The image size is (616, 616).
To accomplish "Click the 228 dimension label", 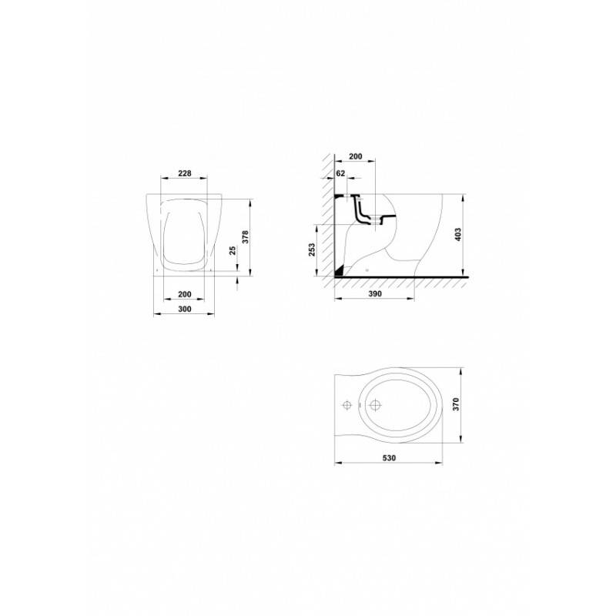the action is point(185,173).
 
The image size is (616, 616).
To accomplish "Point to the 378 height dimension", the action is point(246,237).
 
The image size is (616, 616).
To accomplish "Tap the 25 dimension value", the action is point(233,251).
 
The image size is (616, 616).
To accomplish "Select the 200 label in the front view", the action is point(185,294).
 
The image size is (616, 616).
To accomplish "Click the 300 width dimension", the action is point(185,309).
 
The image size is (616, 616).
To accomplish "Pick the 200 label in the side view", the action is point(356,156).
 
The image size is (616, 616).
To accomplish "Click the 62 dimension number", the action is point(340,172).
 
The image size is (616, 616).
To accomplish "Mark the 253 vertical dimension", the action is point(312,249).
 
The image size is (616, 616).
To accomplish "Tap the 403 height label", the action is point(458,235).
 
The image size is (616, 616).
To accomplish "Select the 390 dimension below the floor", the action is point(375,294).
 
